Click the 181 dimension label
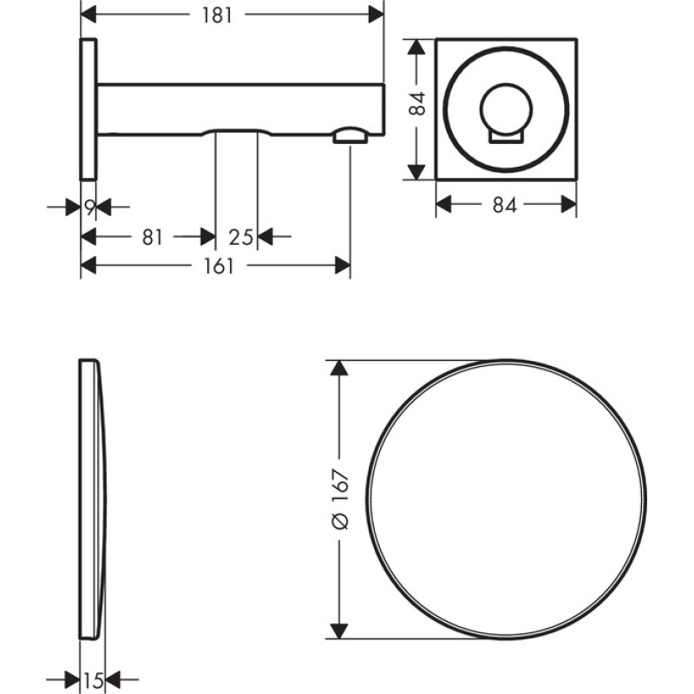point(217,16)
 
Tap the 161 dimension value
point(219,266)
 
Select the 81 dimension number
point(153,238)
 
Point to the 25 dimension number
point(241,238)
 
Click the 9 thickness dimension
point(90,206)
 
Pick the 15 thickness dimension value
point(94,680)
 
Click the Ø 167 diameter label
point(340,500)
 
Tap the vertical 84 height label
point(417,103)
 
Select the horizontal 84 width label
point(505,205)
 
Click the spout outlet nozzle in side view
point(350,135)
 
